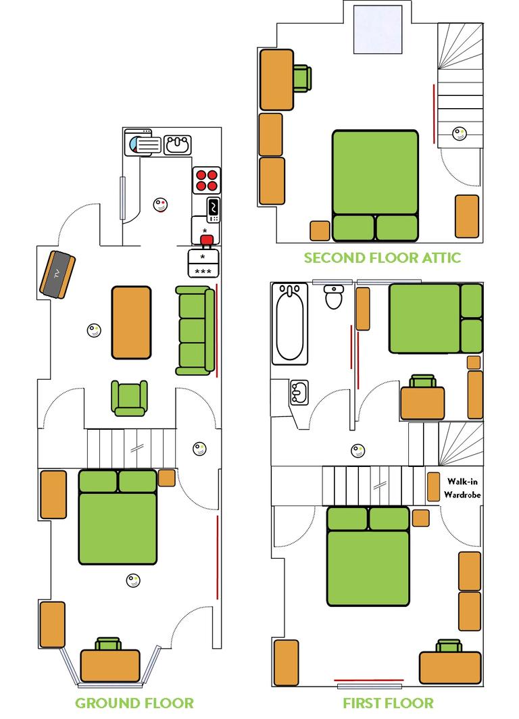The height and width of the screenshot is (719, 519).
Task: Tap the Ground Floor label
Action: click(x=134, y=703)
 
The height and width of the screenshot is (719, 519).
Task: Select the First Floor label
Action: click(x=388, y=703)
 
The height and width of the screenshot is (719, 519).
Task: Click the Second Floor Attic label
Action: click(x=382, y=257)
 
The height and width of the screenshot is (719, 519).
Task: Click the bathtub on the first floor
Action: click(x=289, y=322)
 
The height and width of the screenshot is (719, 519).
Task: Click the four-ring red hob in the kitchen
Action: click(x=207, y=179)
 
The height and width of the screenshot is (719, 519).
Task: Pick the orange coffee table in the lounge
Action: click(x=131, y=322)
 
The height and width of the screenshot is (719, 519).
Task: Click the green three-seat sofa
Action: click(x=195, y=330)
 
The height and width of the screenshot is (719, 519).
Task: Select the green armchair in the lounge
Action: click(x=129, y=398)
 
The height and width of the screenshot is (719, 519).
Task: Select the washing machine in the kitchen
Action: click(x=143, y=143)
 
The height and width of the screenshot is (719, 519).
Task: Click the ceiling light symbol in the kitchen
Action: click(x=161, y=204)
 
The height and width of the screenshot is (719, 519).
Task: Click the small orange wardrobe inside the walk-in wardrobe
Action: click(x=433, y=487)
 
